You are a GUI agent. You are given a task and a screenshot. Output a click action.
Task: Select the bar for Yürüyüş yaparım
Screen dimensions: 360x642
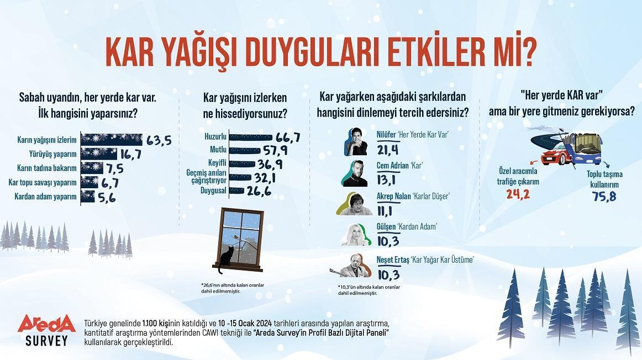pyautogui.click(x=99, y=153)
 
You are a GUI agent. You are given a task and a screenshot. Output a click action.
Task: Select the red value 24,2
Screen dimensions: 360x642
pyautogui.click(x=518, y=194)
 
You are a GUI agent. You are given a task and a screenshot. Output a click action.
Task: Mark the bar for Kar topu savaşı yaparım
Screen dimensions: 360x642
pyautogui.click(x=90, y=182)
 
